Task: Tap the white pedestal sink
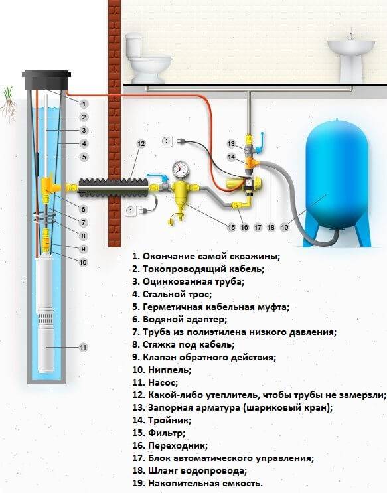(350, 56)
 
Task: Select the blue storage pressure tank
(337, 182)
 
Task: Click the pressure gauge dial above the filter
(181, 169)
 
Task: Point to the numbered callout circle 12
(141, 144)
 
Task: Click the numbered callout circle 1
(84, 104)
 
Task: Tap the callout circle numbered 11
(83, 348)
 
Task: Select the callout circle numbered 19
(285, 227)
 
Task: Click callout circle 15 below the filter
(231, 227)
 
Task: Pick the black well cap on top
(46, 80)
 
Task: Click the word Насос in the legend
(163, 383)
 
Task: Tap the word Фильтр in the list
(167, 433)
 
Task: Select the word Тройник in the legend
(169, 421)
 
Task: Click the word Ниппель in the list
(169, 370)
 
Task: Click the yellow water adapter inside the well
(49, 186)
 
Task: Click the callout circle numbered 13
(231, 144)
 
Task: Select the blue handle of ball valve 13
(260, 143)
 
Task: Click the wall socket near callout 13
(167, 141)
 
